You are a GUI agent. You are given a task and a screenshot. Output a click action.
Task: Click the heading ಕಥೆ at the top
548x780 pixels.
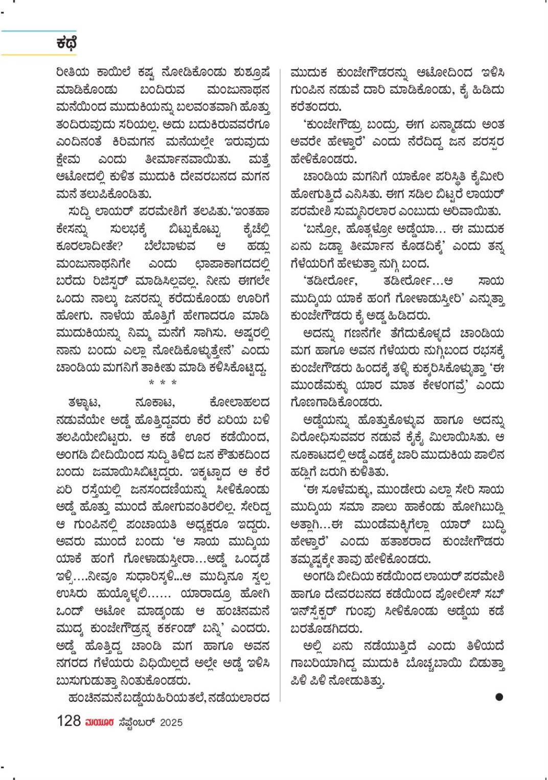[66, 43]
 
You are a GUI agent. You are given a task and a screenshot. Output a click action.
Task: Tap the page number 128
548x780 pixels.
[68, 721]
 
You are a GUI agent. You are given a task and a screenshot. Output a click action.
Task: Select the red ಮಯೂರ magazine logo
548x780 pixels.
[100, 722]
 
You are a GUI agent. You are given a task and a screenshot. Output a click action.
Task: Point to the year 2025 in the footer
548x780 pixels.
[171, 722]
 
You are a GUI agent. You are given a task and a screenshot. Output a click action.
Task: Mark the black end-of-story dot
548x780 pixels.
[499, 697]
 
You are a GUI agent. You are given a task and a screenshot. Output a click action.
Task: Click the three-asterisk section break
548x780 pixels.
[163, 383]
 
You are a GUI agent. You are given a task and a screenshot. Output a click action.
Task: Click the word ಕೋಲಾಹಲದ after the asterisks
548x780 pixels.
[239, 403]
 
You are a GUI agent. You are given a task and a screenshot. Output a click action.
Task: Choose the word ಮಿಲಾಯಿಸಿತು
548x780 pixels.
[458, 438]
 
